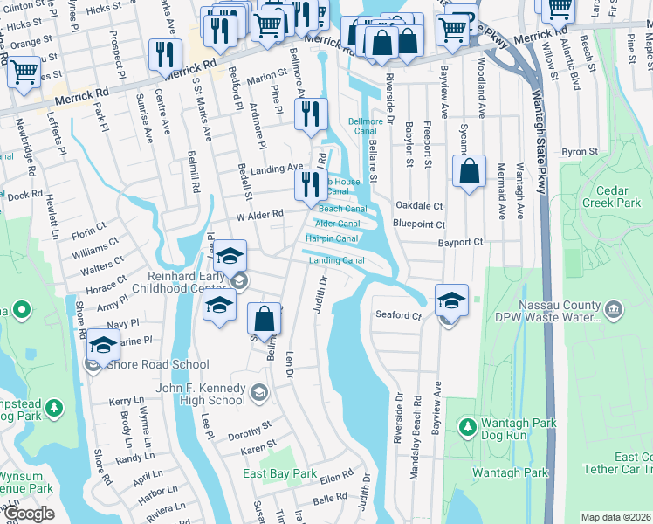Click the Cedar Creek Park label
click(x=617, y=196)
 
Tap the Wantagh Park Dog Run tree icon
click(x=468, y=425)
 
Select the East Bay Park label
click(x=280, y=473)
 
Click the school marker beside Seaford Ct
click(x=450, y=301)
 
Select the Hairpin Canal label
click(x=332, y=238)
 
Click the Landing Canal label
click(x=336, y=260)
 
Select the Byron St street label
click(x=580, y=152)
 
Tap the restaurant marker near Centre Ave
click(x=163, y=56)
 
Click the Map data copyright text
click(x=615, y=517)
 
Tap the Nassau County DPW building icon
click(x=614, y=309)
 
